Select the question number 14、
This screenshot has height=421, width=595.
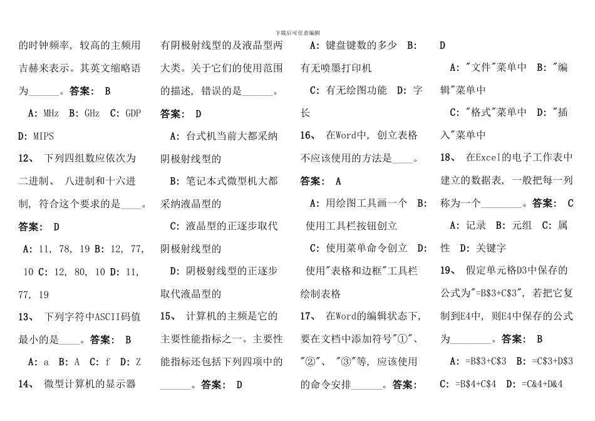click(26, 384)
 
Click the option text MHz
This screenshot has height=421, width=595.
click(51, 113)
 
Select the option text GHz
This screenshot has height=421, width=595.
click(91, 113)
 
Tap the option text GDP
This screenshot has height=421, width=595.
click(133, 113)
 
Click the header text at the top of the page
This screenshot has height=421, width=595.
click(297, 33)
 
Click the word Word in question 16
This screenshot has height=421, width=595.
click(348, 136)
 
